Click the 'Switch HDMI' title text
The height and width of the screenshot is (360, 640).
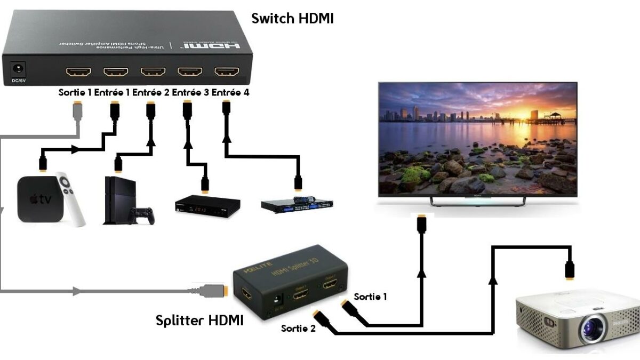pyautogui.click(x=292, y=19)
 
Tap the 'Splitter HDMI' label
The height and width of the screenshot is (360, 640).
pyautogui.click(x=199, y=320)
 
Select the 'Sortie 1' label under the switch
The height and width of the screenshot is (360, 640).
pyautogui.click(x=75, y=93)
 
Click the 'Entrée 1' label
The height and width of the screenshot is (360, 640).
pyautogui.click(x=112, y=93)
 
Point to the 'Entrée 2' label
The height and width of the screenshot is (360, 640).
pyautogui.click(x=151, y=93)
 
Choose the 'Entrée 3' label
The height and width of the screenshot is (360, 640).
pyautogui.click(x=190, y=93)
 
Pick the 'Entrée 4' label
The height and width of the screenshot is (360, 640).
pyautogui.click(x=230, y=93)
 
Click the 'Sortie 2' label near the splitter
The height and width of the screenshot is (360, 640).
pyautogui.click(x=298, y=328)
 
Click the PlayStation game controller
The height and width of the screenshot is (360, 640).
pyautogui.click(x=142, y=215)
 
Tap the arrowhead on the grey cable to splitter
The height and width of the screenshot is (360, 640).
pyautogui.click(x=78, y=291)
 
